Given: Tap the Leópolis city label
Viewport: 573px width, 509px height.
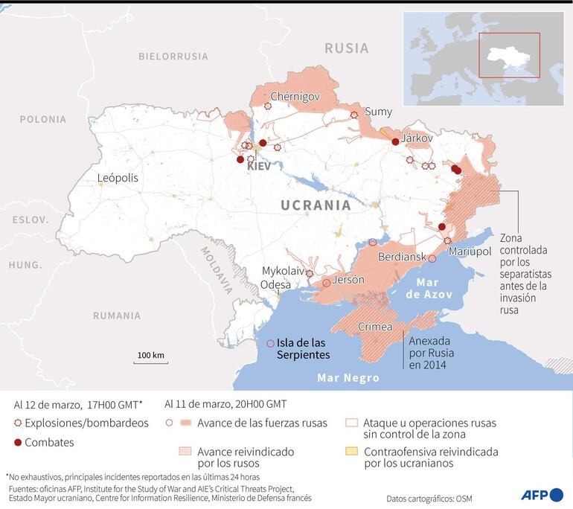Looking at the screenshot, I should click(118, 178).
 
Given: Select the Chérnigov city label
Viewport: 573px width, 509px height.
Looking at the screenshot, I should click(295, 96).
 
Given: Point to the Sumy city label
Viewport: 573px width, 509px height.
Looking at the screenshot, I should click(379, 112).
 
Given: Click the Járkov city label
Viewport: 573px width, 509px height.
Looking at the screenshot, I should click(417, 138).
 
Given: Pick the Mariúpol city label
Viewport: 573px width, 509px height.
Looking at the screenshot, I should click(470, 252).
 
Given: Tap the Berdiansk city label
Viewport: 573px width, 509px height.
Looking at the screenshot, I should click(402, 257).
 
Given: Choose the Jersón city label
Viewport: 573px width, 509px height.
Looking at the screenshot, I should click(348, 280).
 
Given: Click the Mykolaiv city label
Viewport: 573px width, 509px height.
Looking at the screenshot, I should click(283, 271).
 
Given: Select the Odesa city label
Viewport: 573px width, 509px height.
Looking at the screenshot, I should click(276, 285).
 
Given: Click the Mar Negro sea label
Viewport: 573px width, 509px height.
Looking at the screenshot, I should click(348, 377).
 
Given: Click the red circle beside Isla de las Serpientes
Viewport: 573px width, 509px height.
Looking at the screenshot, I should click(269, 343).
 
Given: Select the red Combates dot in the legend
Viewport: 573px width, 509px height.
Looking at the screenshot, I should click(19, 443).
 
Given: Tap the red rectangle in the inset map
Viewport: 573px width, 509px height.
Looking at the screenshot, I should click(509, 55).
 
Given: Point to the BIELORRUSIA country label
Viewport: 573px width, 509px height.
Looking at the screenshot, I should click(173, 56).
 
